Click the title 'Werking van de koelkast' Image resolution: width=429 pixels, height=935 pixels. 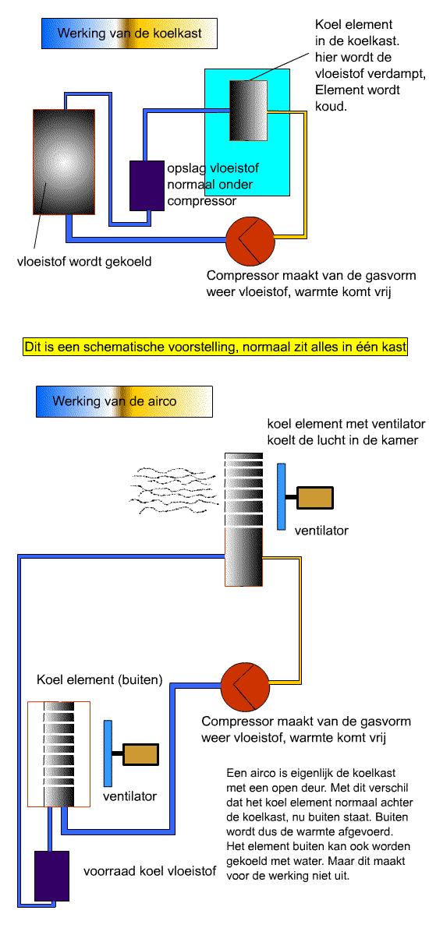[129, 33]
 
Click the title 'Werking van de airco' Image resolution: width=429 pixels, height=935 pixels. [115, 401]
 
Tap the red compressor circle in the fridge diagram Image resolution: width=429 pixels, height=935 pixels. [250, 241]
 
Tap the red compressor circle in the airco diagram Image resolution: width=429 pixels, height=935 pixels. [245, 686]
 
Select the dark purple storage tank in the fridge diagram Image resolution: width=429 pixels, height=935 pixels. [147, 185]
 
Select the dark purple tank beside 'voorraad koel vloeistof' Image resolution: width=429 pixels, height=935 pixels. [51, 876]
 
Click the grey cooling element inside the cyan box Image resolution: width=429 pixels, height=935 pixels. [249, 111]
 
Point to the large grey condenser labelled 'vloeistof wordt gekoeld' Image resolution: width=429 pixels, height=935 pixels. [64, 162]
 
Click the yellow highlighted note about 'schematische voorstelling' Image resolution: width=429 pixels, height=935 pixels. [215, 347]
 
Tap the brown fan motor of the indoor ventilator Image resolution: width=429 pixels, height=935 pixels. [315, 498]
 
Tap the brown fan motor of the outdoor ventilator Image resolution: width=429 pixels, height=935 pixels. [140, 754]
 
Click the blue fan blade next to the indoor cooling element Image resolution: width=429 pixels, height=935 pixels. [282, 497]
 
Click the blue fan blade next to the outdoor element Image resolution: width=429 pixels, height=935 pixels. [108, 753]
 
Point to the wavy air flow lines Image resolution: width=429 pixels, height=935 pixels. [173, 489]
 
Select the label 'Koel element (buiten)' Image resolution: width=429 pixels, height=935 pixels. [99, 679]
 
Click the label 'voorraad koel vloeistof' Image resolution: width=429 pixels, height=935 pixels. [150, 871]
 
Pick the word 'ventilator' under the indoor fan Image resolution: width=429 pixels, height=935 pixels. [321, 531]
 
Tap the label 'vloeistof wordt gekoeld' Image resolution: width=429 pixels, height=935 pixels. [84, 262]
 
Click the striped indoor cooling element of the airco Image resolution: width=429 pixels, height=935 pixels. [244, 520]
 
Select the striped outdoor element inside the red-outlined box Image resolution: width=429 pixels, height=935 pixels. [59, 754]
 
